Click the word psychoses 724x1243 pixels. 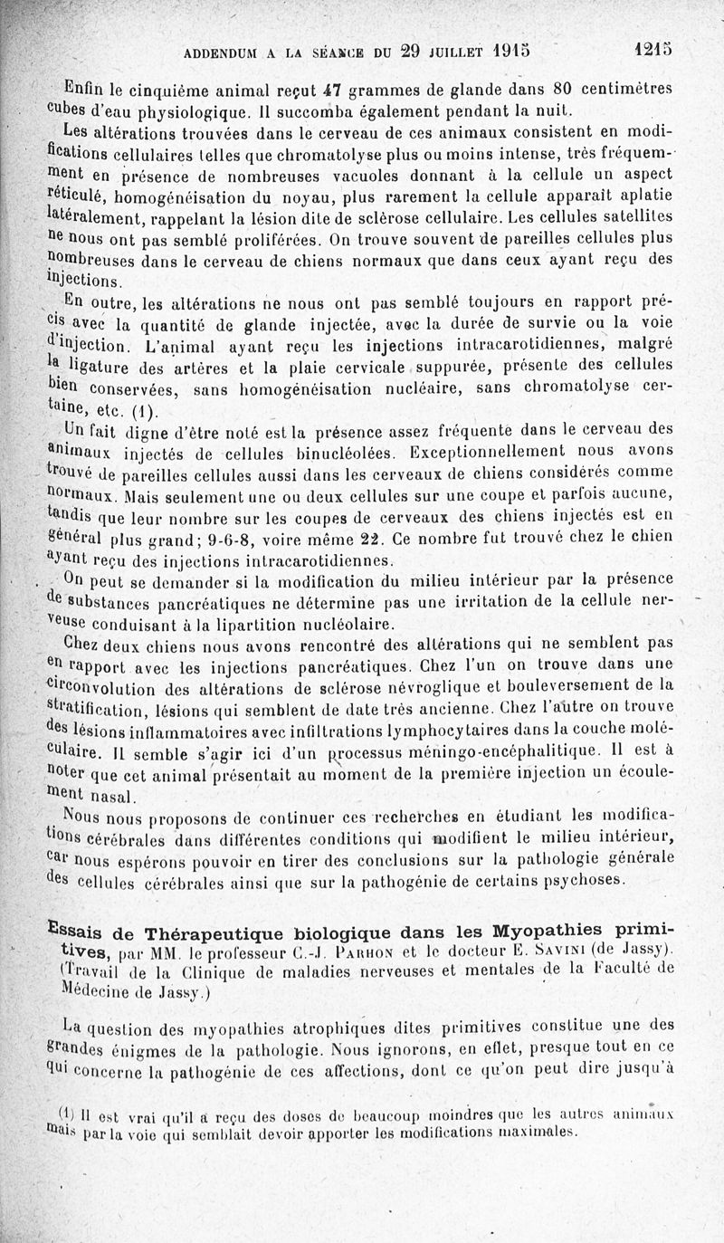pos(579,879)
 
